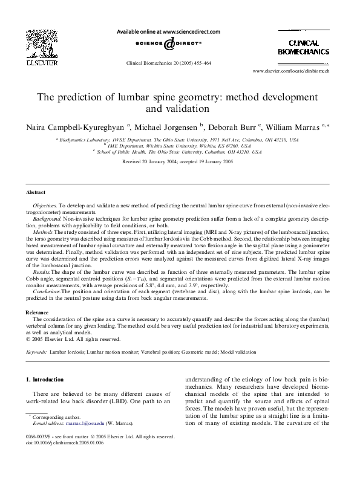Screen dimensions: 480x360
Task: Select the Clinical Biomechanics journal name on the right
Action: coord(303,48)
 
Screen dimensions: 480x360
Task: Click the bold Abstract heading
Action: coord(36,192)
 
